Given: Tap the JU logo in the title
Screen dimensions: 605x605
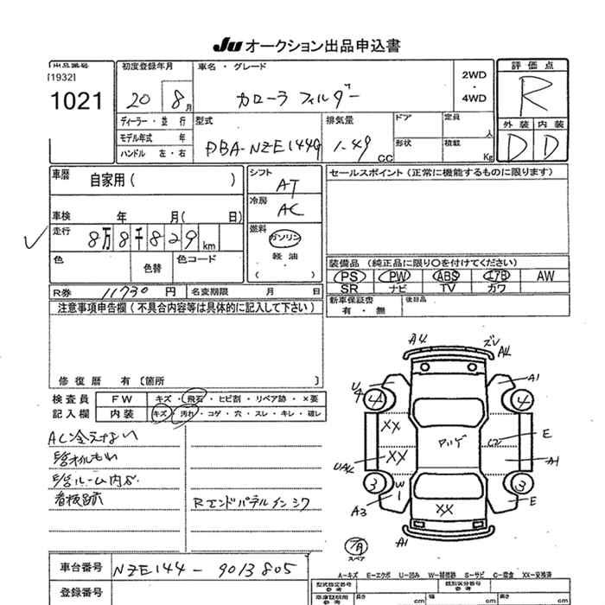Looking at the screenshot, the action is pos(226,46).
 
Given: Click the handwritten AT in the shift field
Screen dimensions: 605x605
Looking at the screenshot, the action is pos(284,186).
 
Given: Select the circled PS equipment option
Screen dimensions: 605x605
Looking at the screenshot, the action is pos(350,276).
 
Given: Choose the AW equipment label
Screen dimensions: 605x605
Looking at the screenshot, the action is pos(544,276).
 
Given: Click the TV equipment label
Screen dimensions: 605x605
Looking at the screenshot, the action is pos(447,289).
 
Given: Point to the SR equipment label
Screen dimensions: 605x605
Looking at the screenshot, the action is pos(350,289).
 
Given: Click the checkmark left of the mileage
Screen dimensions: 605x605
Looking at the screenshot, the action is pos(33,241).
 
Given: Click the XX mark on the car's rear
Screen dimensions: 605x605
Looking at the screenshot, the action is pos(444,509).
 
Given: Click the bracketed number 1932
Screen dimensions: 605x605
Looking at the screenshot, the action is pos(62,77).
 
